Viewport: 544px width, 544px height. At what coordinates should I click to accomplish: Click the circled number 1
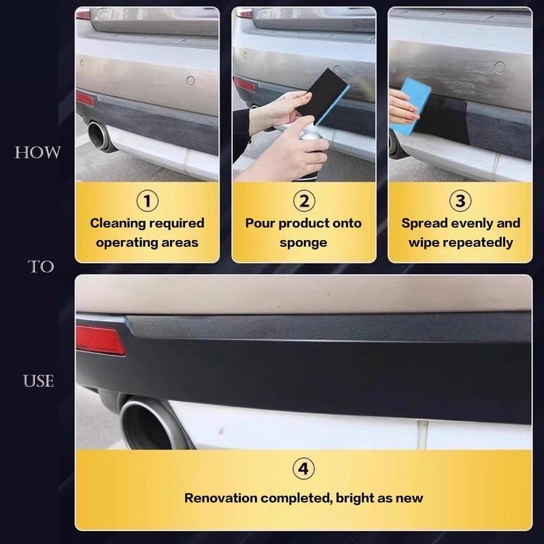coord(147,201)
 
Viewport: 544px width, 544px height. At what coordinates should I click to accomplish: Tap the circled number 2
coord(304,201)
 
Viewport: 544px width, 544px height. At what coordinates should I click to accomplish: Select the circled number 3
coord(460,201)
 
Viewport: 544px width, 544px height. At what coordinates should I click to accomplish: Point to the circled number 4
coord(303,469)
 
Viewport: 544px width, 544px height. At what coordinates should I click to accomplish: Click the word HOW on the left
coord(38,152)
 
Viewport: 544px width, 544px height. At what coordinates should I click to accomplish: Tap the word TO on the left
coord(41,267)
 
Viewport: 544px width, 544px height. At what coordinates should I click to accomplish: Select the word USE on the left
coord(38,381)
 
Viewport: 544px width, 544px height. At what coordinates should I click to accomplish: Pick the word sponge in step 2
coord(303,243)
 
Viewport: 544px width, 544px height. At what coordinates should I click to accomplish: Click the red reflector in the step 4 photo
coord(100,340)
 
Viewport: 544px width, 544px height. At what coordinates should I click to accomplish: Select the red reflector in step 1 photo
coord(85,99)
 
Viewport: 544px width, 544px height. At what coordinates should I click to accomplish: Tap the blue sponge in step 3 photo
coord(412,106)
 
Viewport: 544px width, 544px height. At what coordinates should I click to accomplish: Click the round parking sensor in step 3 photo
coord(500,67)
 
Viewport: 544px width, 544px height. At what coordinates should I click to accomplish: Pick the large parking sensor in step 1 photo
coord(190,80)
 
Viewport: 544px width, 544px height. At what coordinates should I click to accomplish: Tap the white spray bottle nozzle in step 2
coord(311,129)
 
